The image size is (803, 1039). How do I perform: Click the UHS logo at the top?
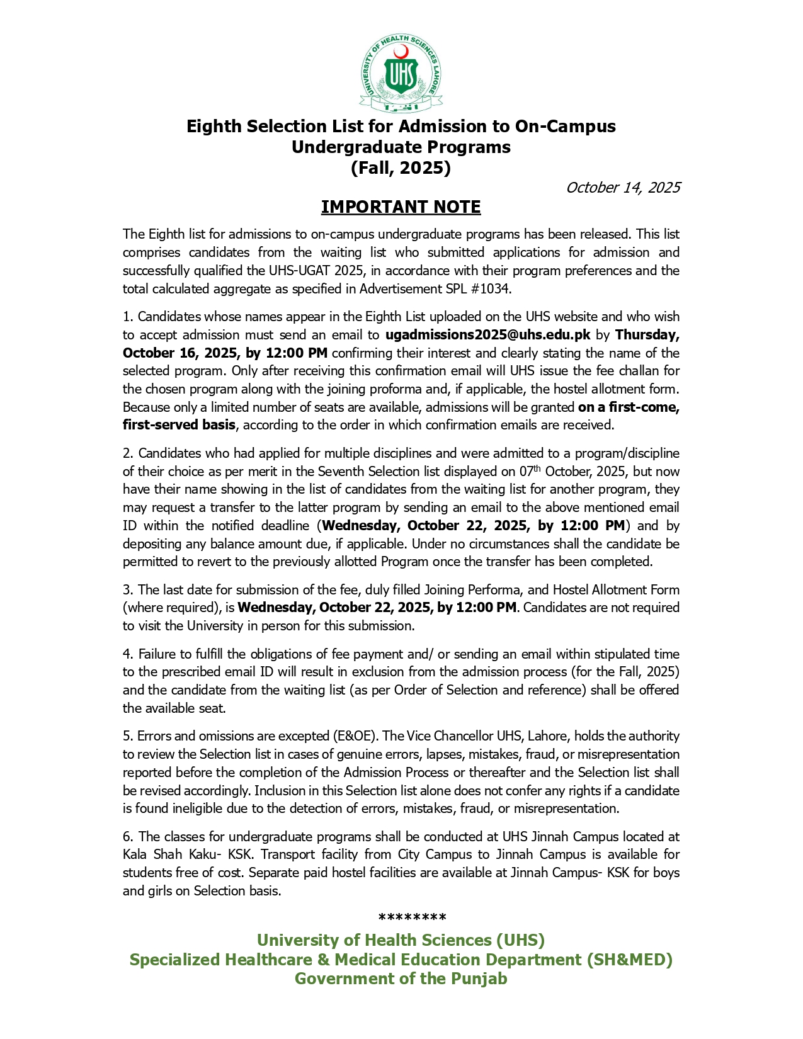[401, 74]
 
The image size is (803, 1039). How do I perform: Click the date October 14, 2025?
[622, 188]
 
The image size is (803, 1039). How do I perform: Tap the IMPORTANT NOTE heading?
[401, 207]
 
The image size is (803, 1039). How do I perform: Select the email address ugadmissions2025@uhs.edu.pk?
[487, 335]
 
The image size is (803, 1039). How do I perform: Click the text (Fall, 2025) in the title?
[401, 168]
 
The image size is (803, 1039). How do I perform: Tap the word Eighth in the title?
[214, 127]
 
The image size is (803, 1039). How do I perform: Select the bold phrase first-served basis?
[179, 425]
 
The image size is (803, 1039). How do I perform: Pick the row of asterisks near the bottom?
[413, 917]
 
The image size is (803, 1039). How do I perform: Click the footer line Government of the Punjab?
[401, 979]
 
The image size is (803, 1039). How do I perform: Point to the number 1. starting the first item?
[128, 317]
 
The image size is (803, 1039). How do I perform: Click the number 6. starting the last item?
[128, 837]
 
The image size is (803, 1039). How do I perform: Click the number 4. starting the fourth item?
[128, 654]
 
